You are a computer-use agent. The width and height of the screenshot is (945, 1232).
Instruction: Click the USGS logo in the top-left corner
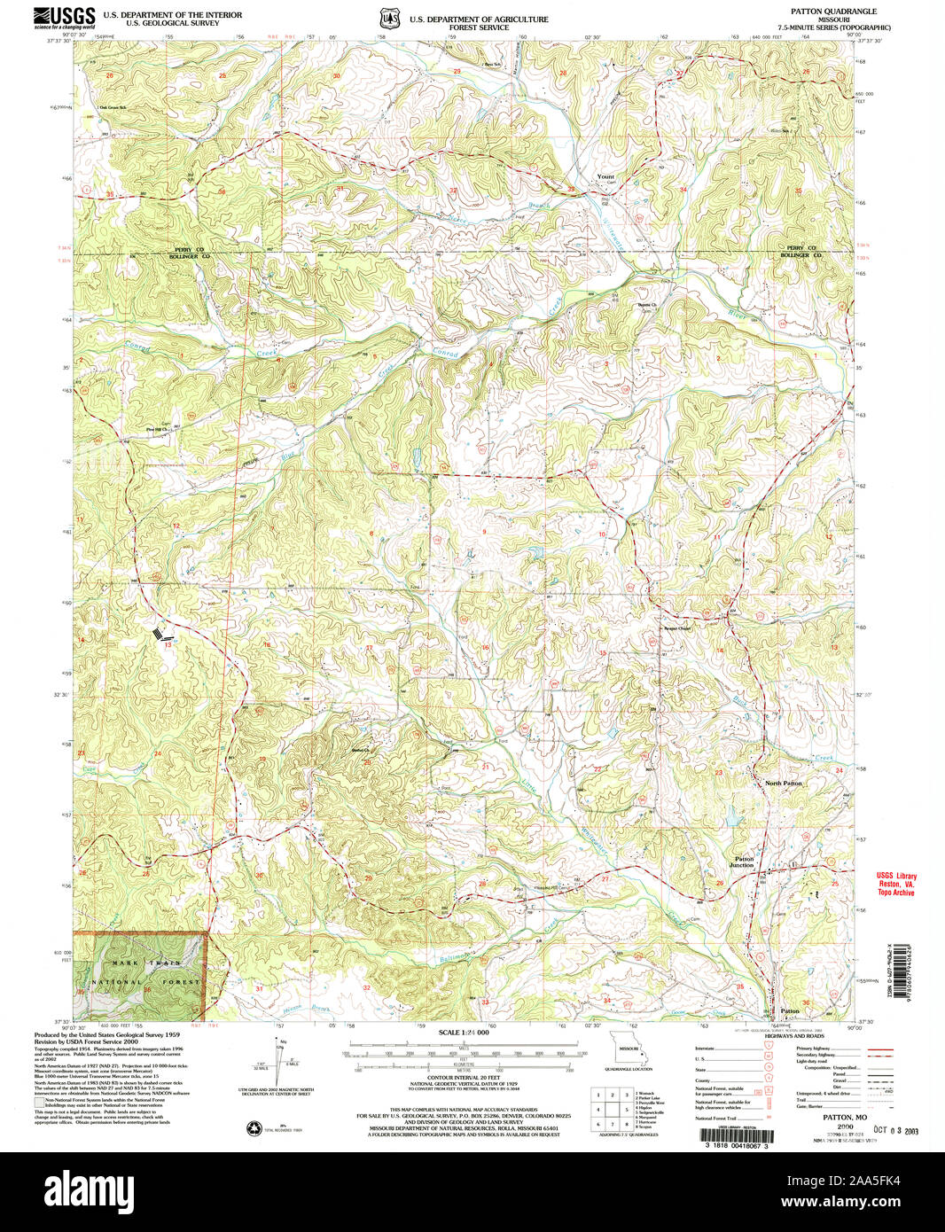click(65, 17)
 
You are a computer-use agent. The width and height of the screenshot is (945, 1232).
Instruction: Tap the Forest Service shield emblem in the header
click(387, 18)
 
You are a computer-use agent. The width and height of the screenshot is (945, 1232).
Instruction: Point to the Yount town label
click(605, 176)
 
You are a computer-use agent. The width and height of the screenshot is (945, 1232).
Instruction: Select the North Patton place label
click(784, 784)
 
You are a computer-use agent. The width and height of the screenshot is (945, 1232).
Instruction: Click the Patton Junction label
click(743, 862)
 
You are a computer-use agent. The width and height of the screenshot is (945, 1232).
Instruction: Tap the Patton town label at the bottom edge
click(789, 1010)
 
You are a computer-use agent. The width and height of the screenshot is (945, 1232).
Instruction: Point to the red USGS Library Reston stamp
click(896, 884)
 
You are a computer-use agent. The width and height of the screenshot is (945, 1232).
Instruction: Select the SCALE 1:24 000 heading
click(464, 1033)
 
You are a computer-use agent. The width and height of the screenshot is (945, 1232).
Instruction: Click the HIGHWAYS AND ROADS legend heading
click(797, 1035)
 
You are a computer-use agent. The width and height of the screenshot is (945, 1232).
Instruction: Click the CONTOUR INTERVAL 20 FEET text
click(464, 1084)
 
